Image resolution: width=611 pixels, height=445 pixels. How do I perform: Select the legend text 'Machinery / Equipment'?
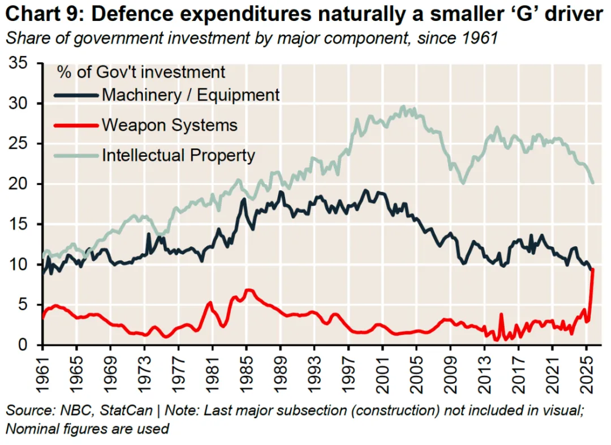pyautogui.click(x=191, y=95)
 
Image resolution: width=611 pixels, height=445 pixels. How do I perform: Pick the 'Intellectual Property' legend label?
pyautogui.click(x=178, y=155)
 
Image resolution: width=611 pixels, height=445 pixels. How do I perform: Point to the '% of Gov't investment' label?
pyautogui.click(x=140, y=72)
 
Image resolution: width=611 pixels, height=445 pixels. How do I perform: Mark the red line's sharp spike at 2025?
pyautogui.click(x=592, y=270)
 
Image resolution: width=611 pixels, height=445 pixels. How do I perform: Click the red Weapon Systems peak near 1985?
pyautogui.click(x=248, y=290)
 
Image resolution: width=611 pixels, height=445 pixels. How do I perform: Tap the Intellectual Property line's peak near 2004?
pyautogui.click(x=403, y=106)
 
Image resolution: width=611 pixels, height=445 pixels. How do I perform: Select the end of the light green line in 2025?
pyautogui.click(x=592, y=182)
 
